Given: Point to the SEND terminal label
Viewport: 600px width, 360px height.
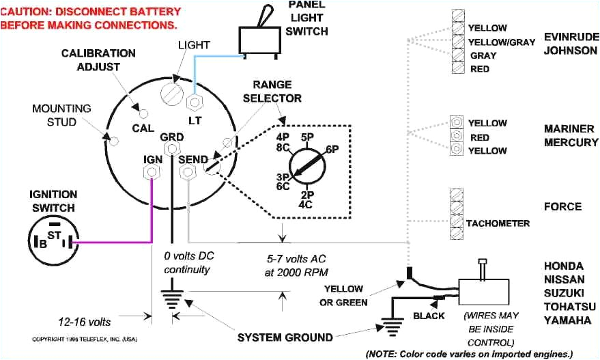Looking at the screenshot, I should coord(193,159).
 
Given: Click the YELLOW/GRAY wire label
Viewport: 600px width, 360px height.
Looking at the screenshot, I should coord(501,42).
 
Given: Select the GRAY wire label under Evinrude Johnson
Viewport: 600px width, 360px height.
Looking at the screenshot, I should coord(483,55).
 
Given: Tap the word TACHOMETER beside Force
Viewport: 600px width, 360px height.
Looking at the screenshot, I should coord(498,223).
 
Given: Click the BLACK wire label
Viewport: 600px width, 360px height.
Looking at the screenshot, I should coord(429,316).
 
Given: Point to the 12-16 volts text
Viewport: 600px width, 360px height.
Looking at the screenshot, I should coord(85,321).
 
